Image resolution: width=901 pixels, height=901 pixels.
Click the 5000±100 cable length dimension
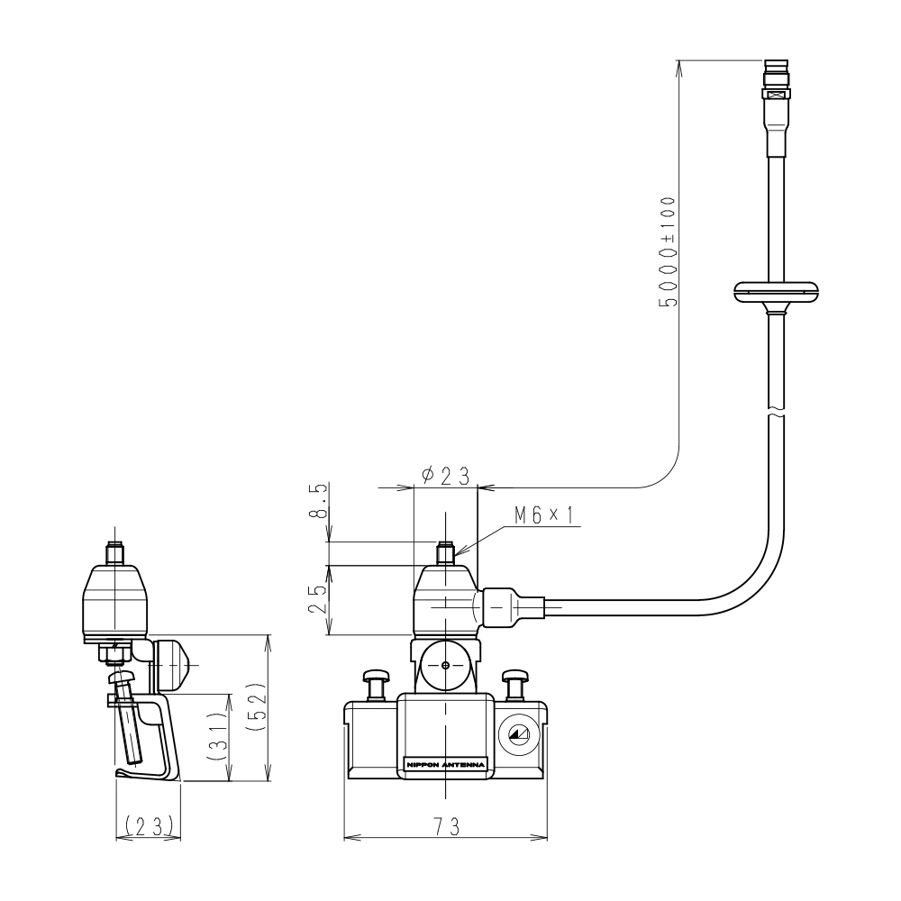(x=668, y=252)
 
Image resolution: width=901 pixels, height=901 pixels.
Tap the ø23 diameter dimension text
(x=446, y=475)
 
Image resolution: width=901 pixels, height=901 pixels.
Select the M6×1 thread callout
(x=544, y=515)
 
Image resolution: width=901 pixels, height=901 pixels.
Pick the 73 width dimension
(x=446, y=827)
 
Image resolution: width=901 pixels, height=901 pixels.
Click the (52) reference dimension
(x=257, y=709)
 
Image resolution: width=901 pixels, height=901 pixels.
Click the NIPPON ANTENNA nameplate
(x=445, y=766)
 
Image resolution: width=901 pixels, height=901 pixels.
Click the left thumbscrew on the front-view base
(x=375, y=683)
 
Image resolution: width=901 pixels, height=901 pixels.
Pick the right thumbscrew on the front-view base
(x=515, y=683)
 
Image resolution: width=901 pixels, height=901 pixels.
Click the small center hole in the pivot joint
(x=446, y=666)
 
